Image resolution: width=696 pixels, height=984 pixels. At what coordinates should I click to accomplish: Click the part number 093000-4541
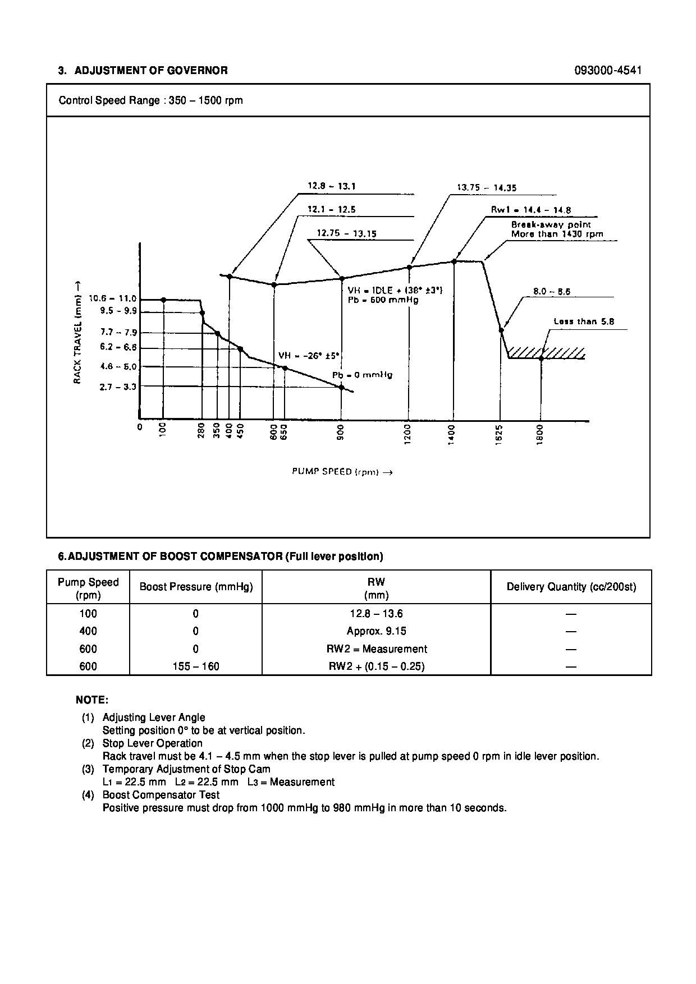[608, 71]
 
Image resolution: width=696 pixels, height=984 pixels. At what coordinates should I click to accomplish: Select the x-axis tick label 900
[341, 434]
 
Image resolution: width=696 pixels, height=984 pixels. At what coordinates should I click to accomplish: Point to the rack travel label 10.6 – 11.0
[113, 299]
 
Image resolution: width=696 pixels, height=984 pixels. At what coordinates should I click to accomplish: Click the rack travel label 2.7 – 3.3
[118, 387]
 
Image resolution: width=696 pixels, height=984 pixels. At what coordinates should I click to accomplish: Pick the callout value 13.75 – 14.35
[486, 188]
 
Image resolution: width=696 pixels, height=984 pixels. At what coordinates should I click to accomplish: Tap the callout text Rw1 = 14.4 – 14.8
[531, 210]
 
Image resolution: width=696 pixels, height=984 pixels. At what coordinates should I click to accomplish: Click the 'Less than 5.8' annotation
[584, 321]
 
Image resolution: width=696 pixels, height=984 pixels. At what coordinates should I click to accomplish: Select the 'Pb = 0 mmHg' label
[361, 375]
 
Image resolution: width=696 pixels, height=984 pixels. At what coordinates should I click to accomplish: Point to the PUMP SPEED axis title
[342, 472]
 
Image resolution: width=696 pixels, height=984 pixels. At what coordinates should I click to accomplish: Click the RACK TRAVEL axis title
[77, 333]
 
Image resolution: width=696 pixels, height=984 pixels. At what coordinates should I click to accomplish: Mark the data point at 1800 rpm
[541, 358]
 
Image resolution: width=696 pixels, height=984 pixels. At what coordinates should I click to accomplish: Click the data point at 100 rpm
[163, 300]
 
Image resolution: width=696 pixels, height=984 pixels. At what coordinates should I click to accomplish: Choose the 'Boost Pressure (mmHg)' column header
[196, 587]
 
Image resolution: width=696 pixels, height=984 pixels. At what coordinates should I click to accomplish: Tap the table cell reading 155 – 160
[195, 666]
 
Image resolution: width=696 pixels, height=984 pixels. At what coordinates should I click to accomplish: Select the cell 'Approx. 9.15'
[376, 631]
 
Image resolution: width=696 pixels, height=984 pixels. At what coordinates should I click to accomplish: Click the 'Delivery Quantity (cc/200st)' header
[571, 587]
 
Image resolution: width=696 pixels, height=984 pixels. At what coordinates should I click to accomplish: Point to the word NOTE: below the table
[92, 700]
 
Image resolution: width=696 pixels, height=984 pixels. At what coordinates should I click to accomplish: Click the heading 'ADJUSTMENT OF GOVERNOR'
[151, 71]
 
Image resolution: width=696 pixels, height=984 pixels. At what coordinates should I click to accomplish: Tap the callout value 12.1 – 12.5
[331, 210]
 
